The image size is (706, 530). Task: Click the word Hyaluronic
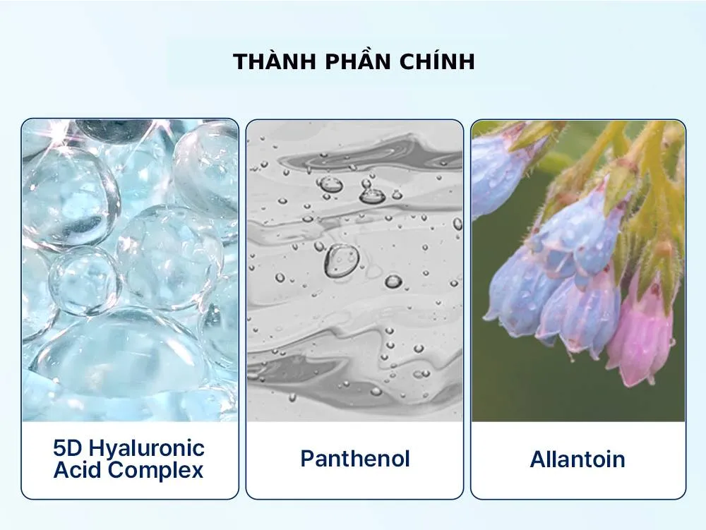tap(146, 450)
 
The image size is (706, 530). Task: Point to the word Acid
tap(78, 470)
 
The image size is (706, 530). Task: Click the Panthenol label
tap(355, 459)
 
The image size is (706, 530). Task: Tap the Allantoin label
tap(578, 459)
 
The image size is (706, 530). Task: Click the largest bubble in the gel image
tap(342, 260)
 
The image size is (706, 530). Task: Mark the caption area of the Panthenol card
tap(355, 460)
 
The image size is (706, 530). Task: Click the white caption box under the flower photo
tap(578, 460)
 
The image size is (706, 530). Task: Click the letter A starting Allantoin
tap(539, 459)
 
